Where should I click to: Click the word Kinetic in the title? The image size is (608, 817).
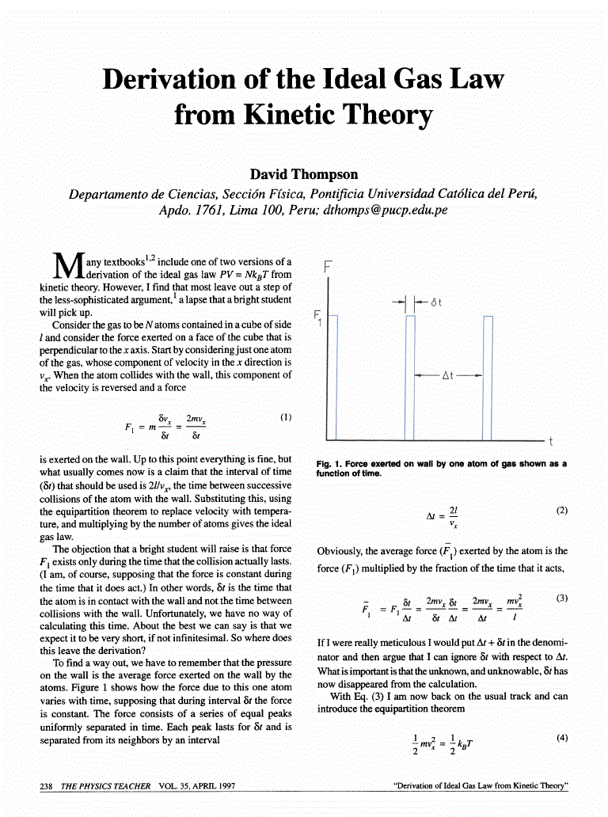point(300,116)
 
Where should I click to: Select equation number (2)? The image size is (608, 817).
point(562,511)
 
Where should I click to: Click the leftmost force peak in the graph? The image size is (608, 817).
point(333,376)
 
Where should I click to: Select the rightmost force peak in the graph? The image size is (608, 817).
point(488,376)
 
